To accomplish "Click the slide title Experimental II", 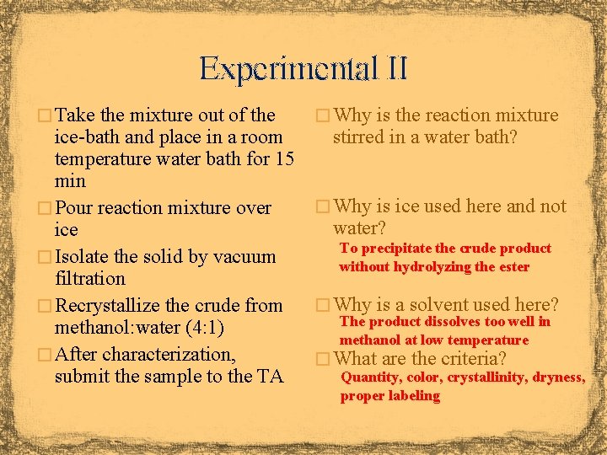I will [x=303, y=68].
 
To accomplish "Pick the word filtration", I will [x=89, y=278].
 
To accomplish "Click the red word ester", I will [x=513, y=267].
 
